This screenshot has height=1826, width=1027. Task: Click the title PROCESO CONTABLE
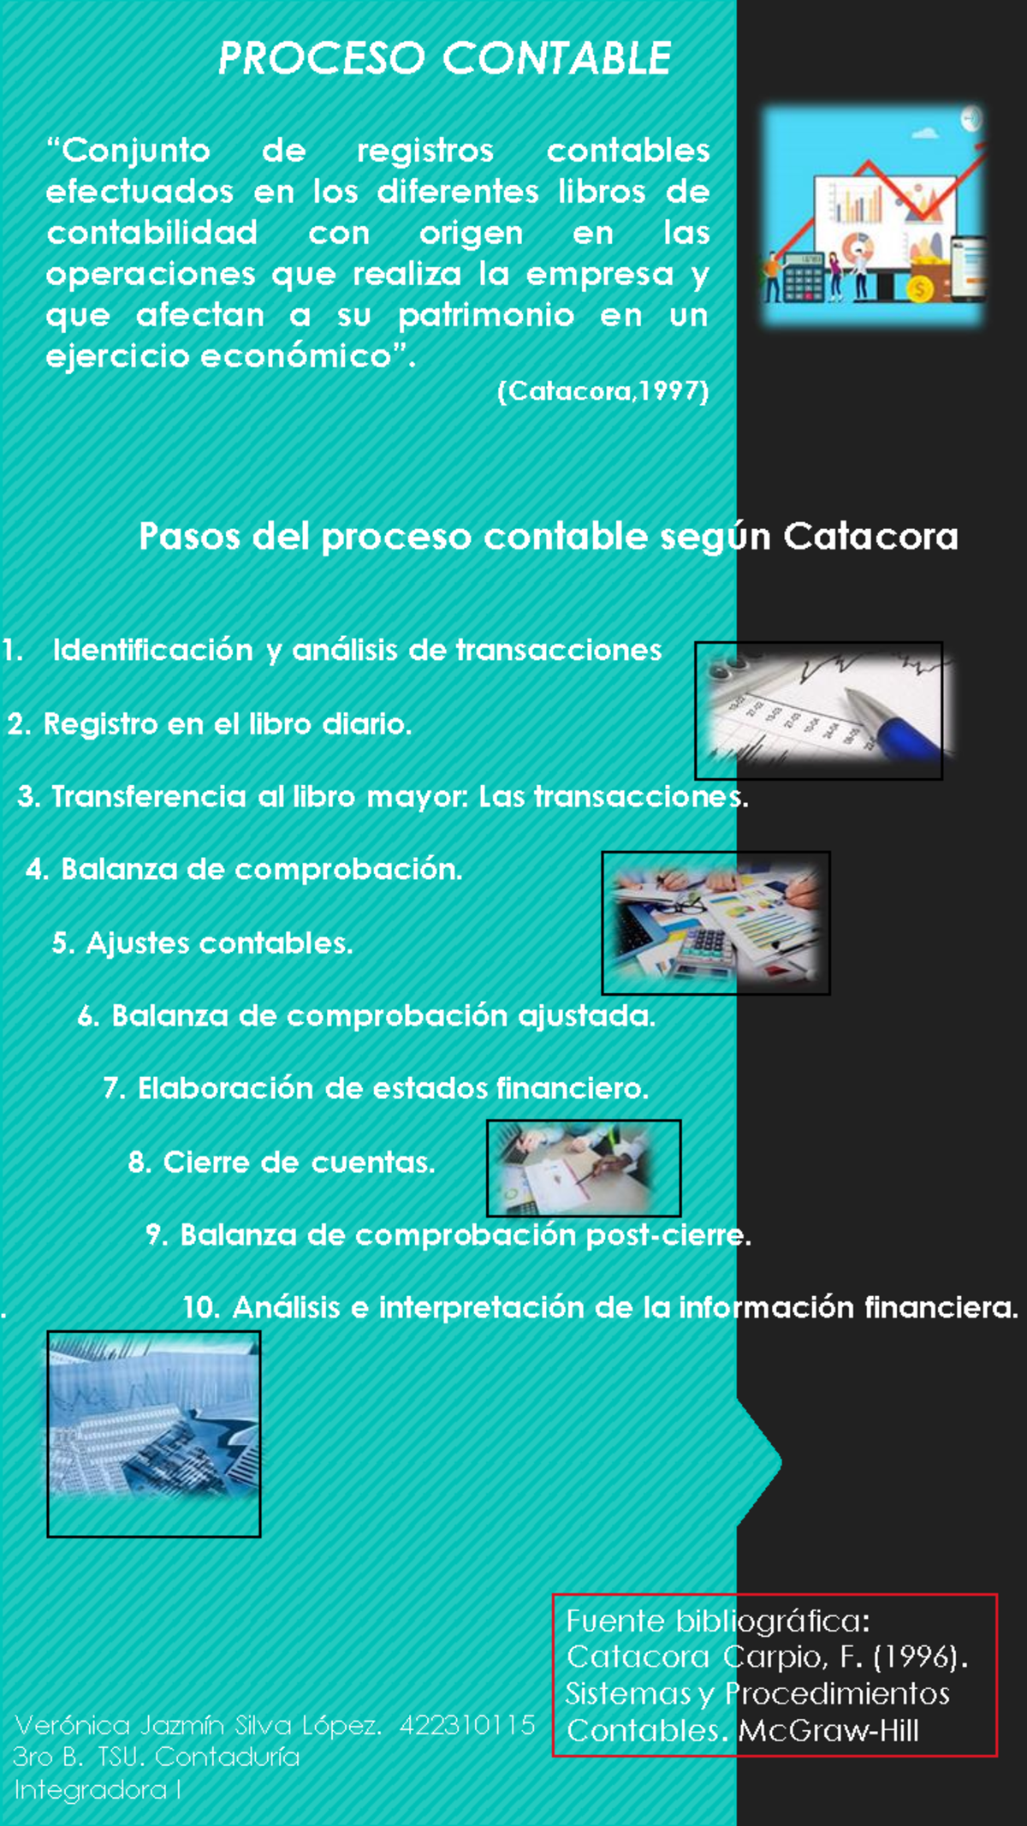444,58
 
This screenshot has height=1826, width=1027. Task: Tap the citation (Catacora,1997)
603,392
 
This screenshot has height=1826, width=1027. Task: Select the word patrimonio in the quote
485,316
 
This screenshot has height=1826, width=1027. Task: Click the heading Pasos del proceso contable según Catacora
548,537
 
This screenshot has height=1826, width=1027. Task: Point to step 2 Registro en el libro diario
210,724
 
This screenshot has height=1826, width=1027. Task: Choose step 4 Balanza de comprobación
244,870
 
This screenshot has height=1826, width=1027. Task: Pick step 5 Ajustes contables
202,943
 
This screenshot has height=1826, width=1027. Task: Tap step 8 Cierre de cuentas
282,1163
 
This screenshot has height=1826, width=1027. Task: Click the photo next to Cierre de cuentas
584,1168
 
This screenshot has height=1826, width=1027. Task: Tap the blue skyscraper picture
154,1433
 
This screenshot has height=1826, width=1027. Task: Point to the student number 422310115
467,1725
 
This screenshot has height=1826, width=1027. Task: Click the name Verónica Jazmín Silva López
198,1725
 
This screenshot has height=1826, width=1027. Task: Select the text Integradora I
97,1790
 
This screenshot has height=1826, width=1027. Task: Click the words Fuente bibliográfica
717,1621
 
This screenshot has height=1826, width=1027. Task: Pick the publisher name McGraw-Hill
828,1731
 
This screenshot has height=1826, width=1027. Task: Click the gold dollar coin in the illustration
921,289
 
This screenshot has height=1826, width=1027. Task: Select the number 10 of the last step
201,1308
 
